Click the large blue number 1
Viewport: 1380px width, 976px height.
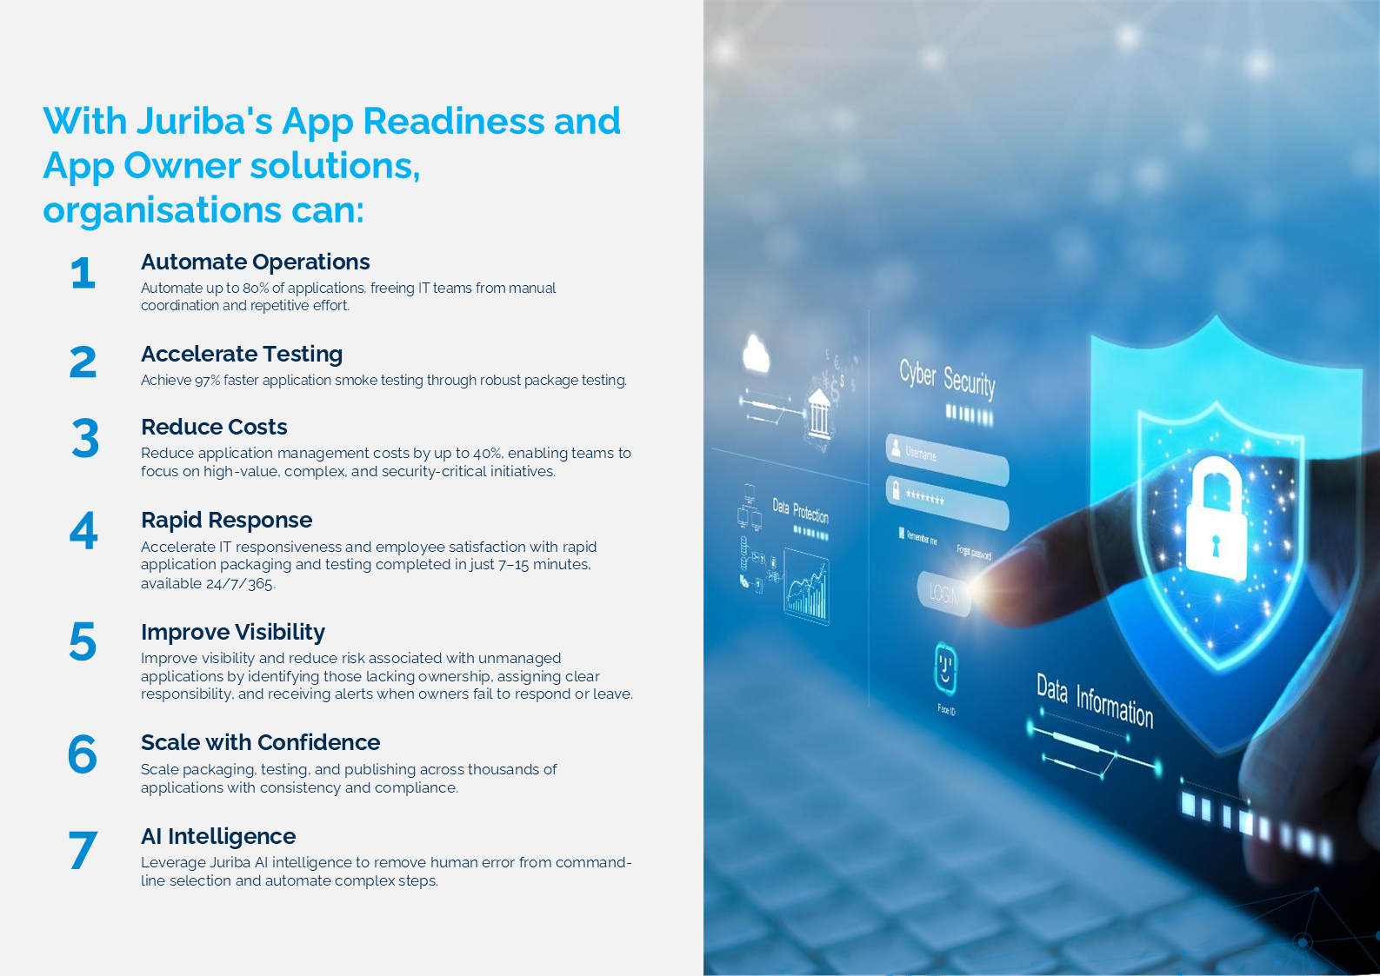pos(83,273)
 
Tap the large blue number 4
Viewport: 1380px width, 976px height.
pos(83,530)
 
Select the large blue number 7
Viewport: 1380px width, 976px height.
pos(83,850)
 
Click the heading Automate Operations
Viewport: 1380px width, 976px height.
pos(255,262)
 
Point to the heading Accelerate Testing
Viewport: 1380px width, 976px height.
pos(242,354)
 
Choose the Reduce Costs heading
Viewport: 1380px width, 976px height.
pos(214,427)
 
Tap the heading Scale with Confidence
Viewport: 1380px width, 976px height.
pos(260,742)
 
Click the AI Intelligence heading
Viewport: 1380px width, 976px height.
pos(218,836)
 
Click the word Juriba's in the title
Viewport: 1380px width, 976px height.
pos(204,121)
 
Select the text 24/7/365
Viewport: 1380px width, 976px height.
pos(240,583)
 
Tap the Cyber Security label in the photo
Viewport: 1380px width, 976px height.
pos(947,378)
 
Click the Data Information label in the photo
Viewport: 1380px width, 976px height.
pos(1095,700)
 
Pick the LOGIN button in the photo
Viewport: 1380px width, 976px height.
pos(943,594)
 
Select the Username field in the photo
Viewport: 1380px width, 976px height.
pos(947,459)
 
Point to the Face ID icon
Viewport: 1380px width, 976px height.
pos(946,669)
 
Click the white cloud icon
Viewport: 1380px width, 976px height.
pos(757,354)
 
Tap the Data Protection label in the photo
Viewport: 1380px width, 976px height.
pos(800,510)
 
